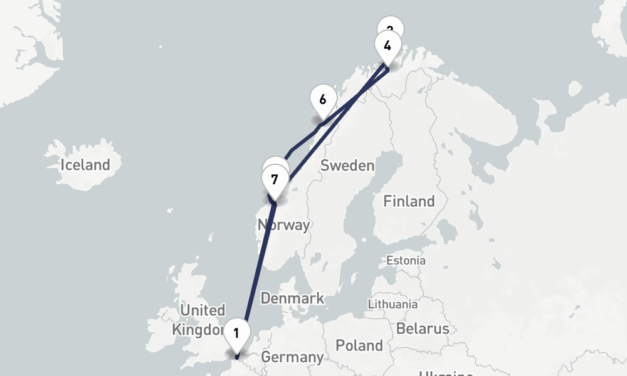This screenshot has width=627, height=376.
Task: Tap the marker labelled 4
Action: [x=387, y=46]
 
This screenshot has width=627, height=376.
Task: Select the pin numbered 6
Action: [x=322, y=100]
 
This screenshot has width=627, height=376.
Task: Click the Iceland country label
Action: [x=85, y=165]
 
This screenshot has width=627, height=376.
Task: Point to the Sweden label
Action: [x=347, y=166]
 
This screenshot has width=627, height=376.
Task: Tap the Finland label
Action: [x=409, y=201]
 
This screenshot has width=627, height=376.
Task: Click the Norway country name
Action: [x=283, y=224]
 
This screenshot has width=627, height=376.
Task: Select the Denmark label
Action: [x=292, y=298]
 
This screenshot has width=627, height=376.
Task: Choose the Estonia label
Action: [x=406, y=260]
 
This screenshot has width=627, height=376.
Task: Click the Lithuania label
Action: [x=393, y=304]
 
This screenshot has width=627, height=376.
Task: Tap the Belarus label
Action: [x=423, y=328]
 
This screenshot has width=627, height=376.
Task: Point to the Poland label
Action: [x=359, y=345]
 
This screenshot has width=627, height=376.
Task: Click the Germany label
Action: [x=292, y=358]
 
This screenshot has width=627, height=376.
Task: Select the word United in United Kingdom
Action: [x=202, y=310]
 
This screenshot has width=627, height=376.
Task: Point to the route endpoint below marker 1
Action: [x=237, y=358]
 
